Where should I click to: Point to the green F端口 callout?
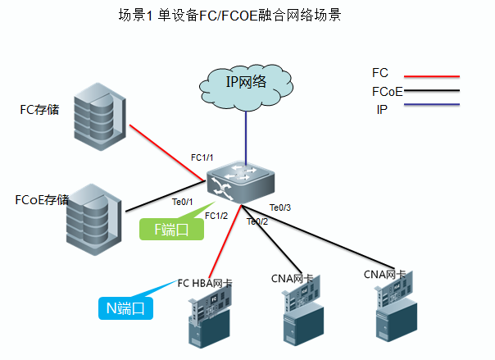pos(171,230)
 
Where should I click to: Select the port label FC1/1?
pos(202,157)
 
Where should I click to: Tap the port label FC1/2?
pos(216,216)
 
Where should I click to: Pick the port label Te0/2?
pos(257,221)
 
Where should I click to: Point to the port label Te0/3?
pos(280,207)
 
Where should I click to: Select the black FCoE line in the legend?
pos(431,91)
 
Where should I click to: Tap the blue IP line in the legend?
pos(431,106)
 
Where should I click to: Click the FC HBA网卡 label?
pos(205,284)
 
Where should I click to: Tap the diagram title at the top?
pos(229,16)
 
